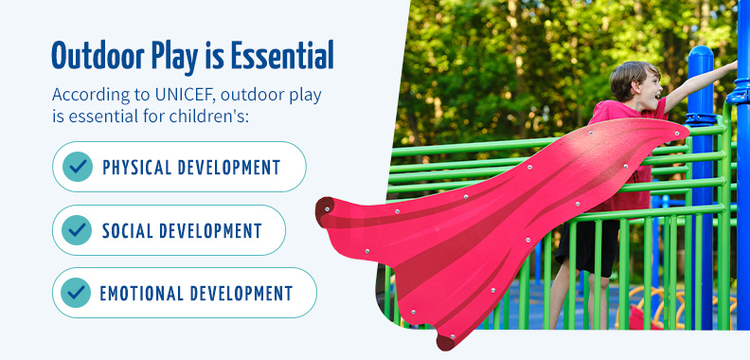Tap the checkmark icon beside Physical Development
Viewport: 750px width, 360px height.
(x=78, y=167)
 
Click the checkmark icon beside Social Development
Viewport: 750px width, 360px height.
(x=77, y=230)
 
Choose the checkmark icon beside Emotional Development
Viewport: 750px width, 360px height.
(x=76, y=293)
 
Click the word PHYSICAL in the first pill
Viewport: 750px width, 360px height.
(x=136, y=167)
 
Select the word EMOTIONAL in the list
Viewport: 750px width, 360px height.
(x=141, y=293)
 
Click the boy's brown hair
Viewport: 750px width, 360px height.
(x=631, y=78)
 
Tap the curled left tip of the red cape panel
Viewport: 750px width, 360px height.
(x=324, y=208)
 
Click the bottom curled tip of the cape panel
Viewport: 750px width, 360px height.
(x=446, y=342)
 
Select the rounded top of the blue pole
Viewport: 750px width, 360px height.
(x=701, y=54)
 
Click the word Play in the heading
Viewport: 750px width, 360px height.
(x=172, y=58)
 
